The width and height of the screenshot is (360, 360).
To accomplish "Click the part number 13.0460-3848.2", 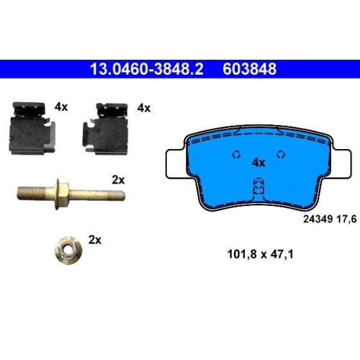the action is [147, 69].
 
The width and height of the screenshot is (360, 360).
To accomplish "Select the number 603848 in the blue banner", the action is [250, 69].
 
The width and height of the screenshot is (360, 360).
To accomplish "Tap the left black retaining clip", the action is [32, 128].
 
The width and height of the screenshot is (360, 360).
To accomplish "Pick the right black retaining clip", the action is [105, 128].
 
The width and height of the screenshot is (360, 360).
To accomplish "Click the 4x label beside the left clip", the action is [61, 107].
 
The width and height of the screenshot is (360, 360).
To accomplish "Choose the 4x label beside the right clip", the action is [144, 108].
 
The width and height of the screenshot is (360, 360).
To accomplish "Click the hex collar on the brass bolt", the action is [62, 194].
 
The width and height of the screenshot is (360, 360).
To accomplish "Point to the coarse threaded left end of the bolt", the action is [32, 194].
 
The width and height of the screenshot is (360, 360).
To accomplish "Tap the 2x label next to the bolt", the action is [118, 180].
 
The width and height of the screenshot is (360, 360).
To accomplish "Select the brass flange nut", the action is [68, 251].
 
